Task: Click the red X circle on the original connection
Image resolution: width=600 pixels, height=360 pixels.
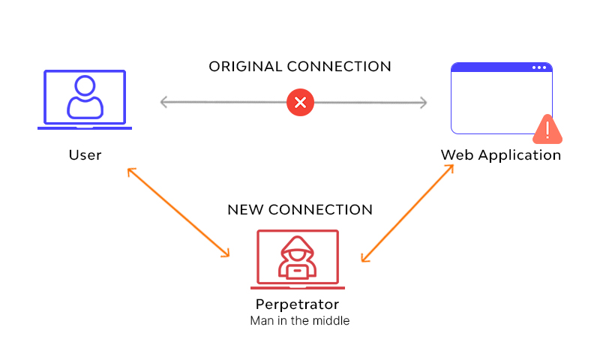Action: (x=301, y=102)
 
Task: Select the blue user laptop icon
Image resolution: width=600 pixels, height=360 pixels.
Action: (x=85, y=100)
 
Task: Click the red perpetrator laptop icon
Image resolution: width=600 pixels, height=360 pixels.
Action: (x=298, y=259)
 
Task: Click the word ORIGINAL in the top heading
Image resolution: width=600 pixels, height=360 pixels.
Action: (x=245, y=67)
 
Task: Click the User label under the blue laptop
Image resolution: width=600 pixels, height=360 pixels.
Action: (x=85, y=155)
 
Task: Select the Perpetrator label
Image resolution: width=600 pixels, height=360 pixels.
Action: (x=297, y=304)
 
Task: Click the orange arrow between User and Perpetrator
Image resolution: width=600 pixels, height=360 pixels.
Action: (x=178, y=213)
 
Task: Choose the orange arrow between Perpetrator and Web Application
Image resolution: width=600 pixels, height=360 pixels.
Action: (x=408, y=213)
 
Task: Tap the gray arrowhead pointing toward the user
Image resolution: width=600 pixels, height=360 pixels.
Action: (x=164, y=102)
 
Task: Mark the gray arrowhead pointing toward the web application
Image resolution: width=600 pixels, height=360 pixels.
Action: (x=423, y=102)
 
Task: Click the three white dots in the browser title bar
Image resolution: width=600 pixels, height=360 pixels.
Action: (x=539, y=67)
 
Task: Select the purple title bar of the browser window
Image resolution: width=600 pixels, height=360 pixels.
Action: (x=495, y=67)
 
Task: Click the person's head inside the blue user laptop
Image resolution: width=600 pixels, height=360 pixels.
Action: (x=85, y=85)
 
